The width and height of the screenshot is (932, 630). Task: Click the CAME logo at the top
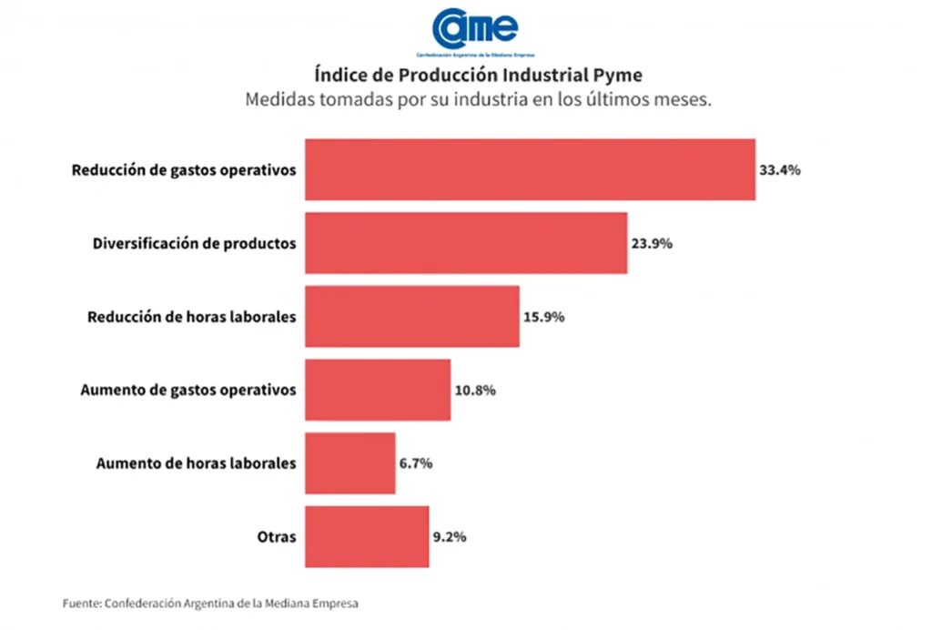point(475,29)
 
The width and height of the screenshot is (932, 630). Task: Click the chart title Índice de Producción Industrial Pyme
point(478,74)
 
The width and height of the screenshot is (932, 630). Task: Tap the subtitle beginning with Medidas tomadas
point(478,99)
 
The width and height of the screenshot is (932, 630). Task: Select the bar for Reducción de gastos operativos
point(530,169)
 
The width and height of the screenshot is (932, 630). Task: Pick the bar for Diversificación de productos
point(466,243)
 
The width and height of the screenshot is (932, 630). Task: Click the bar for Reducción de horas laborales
point(412,317)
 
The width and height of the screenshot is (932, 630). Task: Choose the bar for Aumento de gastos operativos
point(378,390)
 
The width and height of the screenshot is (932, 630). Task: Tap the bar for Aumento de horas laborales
point(350,463)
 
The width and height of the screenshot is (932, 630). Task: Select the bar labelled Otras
point(367,537)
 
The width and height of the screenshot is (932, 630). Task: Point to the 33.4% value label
point(780,170)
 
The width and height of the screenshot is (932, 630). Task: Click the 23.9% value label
point(652,244)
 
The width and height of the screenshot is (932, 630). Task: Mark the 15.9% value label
point(544,318)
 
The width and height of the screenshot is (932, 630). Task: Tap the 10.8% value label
point(475,391)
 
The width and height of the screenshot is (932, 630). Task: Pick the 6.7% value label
point(416,463)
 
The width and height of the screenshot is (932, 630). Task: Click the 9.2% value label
point(450,537)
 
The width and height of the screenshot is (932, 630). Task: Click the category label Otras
point(277,537)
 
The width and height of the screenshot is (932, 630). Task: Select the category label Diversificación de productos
point(195,244)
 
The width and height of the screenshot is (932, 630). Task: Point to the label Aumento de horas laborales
point(197,463)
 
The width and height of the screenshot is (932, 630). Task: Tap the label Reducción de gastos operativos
point(184,170)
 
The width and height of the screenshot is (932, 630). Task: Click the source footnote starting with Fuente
point(210,603)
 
